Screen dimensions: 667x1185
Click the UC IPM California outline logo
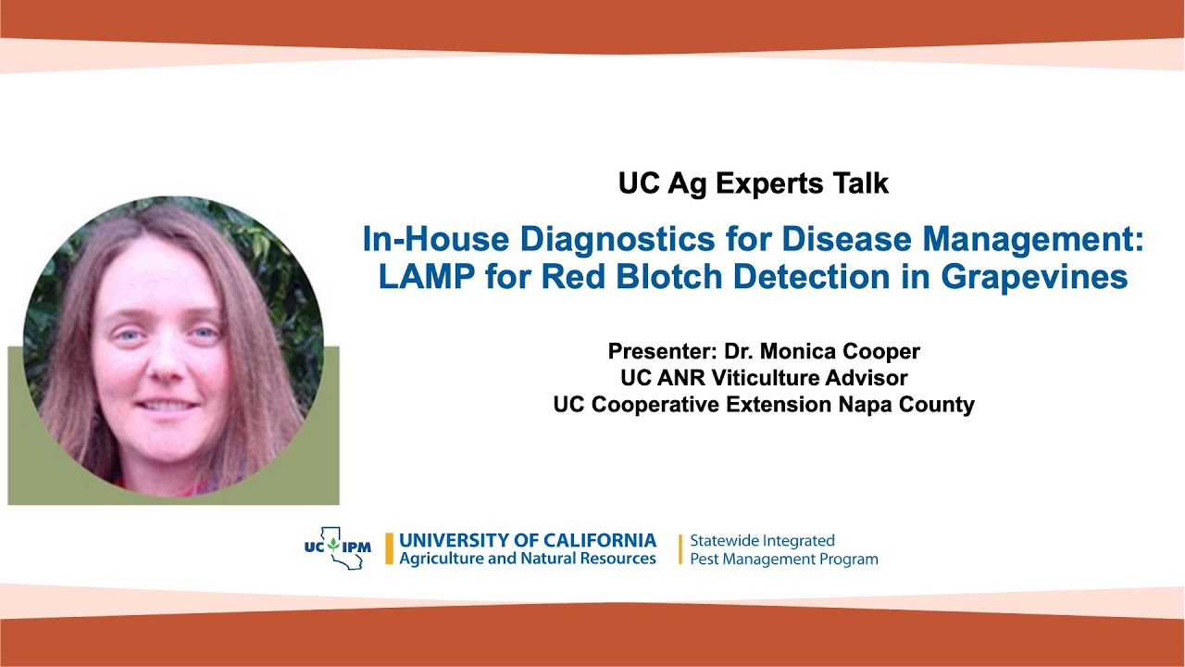point(338,547)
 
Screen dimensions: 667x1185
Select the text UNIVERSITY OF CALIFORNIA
point(528,540)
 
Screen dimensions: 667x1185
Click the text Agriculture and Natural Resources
point(528,559)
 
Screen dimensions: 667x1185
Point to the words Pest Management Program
point(784,560)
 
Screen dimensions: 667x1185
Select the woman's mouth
point(168,405)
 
